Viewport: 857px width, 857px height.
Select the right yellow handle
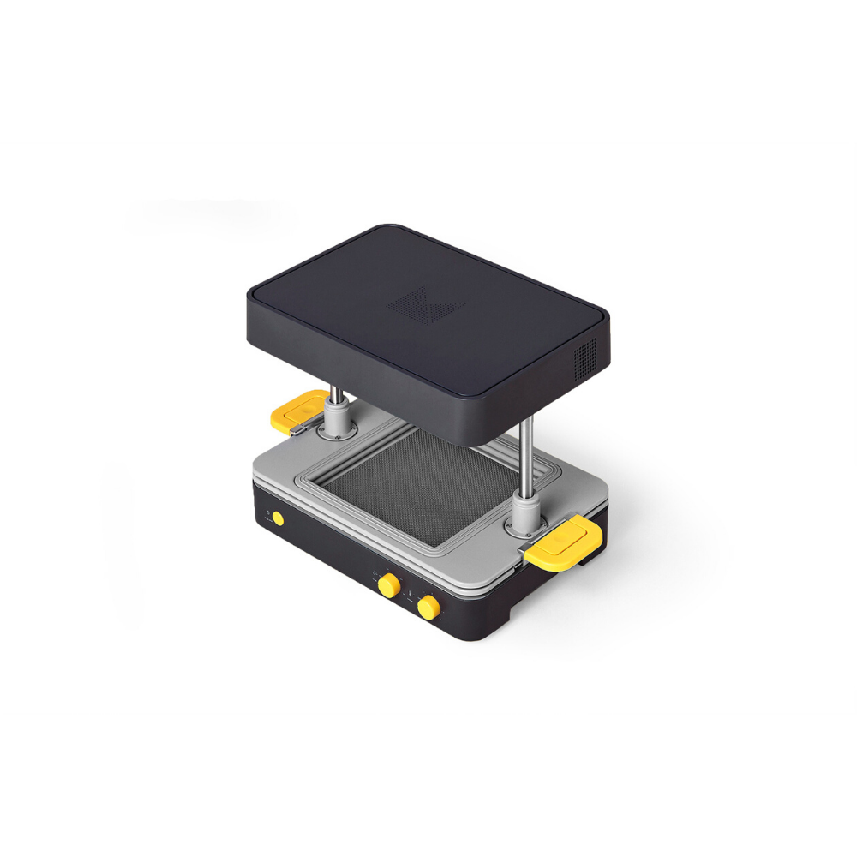[x=562, y=544]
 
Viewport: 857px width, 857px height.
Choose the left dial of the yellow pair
[x=389, y=586]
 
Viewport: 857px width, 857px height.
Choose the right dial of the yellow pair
[x=428, y=608]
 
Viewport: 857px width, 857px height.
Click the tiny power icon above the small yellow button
[x=268, y=512]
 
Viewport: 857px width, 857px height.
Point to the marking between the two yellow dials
[x=410, y=591]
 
